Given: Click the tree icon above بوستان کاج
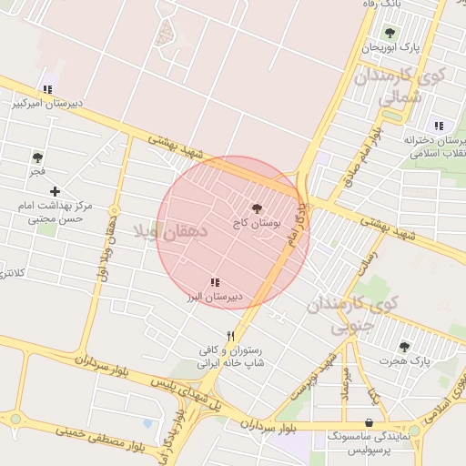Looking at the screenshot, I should [x=256, y=208].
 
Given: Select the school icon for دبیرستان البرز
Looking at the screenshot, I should [x=215, y=283].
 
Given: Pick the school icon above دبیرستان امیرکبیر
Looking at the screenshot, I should [x=46, y=89].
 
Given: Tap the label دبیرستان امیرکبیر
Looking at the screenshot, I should [x=47, y=104].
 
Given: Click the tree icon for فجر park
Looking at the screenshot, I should [x=37, y=157].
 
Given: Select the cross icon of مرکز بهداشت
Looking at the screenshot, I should [x=56, y=191].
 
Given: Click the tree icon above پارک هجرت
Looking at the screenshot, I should [x=405, y=346].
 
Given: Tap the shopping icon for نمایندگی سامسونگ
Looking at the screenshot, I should [x=368, y=423].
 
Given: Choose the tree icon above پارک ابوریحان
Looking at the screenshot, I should [x=390, y=34].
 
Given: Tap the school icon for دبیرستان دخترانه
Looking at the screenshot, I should [x=439, y=126].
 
